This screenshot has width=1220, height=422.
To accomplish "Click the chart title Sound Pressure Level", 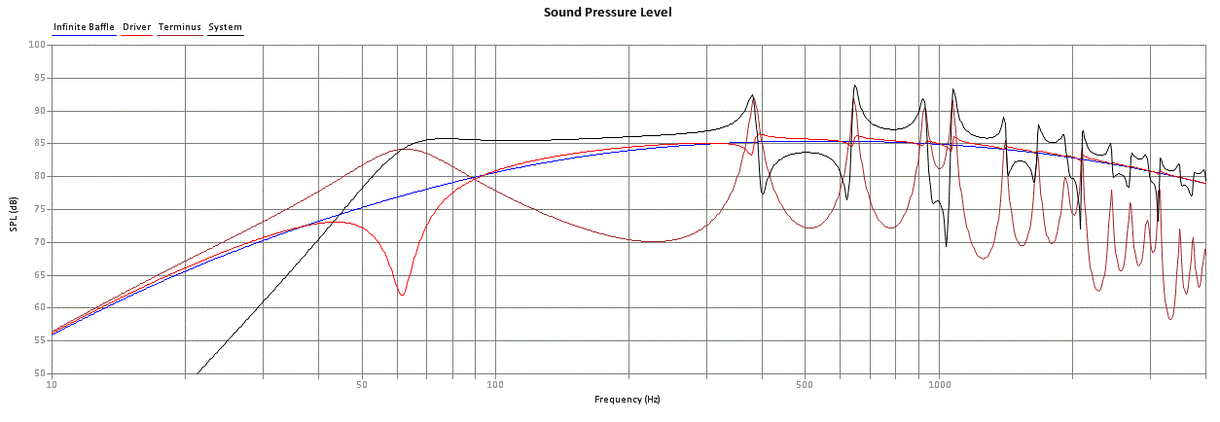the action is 607,12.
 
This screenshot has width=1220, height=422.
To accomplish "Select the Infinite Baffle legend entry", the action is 84,26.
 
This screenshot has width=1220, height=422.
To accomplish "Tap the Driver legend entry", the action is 137,26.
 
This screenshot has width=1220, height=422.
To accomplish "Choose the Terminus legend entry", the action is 180,26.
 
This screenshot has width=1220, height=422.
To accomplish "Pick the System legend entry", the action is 225,27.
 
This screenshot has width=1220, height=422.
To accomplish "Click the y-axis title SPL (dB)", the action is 14,214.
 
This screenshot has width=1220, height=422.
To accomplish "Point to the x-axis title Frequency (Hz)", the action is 627,399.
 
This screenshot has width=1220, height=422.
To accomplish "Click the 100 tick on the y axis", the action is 37,45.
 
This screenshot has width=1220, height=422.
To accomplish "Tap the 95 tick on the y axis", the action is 39,78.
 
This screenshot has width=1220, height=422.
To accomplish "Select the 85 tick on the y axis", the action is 39,143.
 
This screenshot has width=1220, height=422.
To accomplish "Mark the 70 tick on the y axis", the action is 39,242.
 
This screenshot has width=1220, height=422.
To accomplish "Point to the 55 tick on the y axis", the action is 39,340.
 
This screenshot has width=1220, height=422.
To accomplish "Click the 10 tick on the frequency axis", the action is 52,385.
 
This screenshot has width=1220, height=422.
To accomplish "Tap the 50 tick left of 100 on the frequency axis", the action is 362,385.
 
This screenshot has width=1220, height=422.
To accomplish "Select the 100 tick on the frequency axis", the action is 495,385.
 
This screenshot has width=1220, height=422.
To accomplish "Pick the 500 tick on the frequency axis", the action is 805,385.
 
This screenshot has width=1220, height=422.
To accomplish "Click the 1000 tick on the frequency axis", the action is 939,385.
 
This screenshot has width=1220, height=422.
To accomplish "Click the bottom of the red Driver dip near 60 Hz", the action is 402,295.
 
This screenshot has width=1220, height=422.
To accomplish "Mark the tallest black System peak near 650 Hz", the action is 854,86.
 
